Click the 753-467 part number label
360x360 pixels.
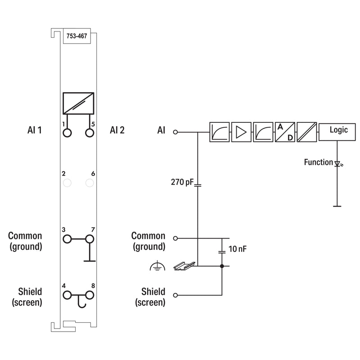coord(76,36)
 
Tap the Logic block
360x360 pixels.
coord(337,132)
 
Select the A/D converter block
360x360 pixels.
coord(285,132)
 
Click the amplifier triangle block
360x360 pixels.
coord(241,132)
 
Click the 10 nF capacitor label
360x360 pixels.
coord(238,249)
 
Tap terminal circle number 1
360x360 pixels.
coord(67,133)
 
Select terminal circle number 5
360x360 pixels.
coord(90,133)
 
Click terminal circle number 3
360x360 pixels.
coord(67,239)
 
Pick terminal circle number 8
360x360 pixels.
coord(90,295)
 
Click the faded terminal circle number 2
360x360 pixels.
coord(67,183)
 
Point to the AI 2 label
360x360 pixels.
coord(117,130)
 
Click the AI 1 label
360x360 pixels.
coord(35,130)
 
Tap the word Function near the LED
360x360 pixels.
coord(319,162)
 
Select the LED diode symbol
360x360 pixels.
coord(337,164)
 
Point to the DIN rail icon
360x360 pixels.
coord(184,266)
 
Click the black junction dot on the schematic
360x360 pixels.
coord(222,266)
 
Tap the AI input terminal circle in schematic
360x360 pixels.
coord(175,132)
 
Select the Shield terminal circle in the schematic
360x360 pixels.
coord(175,295)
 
